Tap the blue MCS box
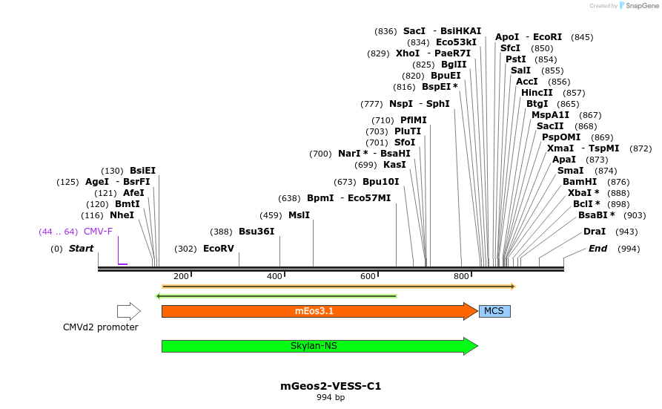click(494, 311)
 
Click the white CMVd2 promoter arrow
click(128, 311)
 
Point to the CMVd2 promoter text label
click(101, 327)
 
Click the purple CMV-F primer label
click(98, 232)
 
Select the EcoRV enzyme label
click(219, 249)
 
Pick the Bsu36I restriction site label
click(256, 232)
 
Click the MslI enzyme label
click(299, 215)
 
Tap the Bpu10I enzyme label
click(381, 182)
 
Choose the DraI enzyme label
click(595, 232)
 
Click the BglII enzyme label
click(454, 65)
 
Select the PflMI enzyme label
click(414, 120)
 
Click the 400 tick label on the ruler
click(275, 277)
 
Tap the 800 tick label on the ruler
click(461, 277)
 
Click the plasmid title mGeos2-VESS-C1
click(331, 386)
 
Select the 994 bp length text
click(331, 398)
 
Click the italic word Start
click(81, 249)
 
